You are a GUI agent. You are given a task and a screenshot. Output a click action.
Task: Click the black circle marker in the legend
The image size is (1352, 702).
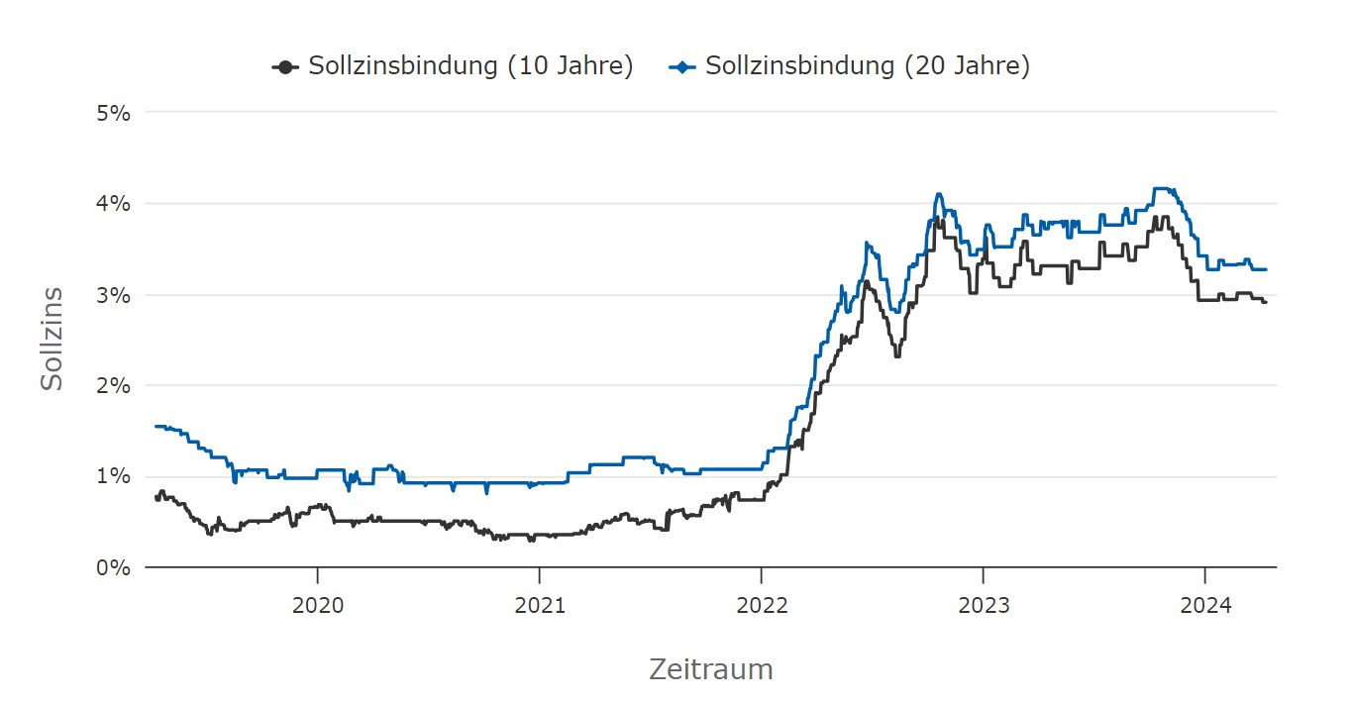(x=285, y=66)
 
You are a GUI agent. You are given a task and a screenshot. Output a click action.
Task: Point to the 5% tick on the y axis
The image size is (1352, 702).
(x=114, y=113)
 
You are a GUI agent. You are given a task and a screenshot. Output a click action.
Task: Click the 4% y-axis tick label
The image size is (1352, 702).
(x=114, y=204)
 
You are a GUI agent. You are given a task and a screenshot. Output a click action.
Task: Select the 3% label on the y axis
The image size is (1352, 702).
(x=114, y=295)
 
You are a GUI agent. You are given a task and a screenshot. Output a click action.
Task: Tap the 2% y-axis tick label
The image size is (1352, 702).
(x=114, y=385)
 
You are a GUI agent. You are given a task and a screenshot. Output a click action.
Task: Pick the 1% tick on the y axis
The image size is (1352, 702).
(x=114, y=476)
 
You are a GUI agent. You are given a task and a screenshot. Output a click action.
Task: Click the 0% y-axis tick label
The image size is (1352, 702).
(x=114, y=567)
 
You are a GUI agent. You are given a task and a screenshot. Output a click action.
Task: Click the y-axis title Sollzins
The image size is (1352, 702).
(x=52, y=338)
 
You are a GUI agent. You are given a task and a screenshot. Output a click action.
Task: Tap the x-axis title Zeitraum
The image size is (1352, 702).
(x=710, y=669)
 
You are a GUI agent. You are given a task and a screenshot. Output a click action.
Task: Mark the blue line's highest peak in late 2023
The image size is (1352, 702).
(x=1162, y=188)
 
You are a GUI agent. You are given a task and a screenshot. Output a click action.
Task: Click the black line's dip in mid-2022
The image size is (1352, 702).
(x=896, y=355)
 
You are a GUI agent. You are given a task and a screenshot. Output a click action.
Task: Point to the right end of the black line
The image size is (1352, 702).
(x=1265, y=301)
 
